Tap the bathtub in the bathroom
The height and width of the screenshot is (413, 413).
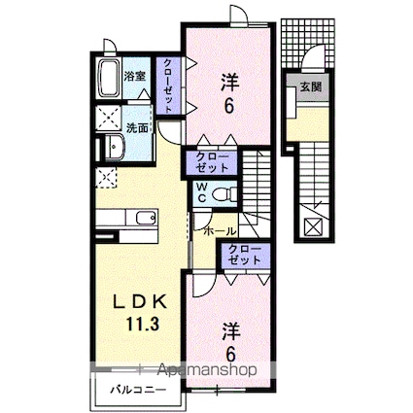(x=109, y=79)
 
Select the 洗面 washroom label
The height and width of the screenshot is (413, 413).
(x=137, y=126)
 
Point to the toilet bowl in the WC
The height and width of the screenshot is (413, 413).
(x=223, y=194)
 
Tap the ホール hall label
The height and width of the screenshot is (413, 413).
(x=220, y=231)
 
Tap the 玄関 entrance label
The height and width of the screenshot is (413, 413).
(x=310, y=87)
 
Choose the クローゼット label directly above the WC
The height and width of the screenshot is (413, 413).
(x=212, y=161)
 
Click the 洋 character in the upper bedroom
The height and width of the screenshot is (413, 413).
(x=229, y=81)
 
